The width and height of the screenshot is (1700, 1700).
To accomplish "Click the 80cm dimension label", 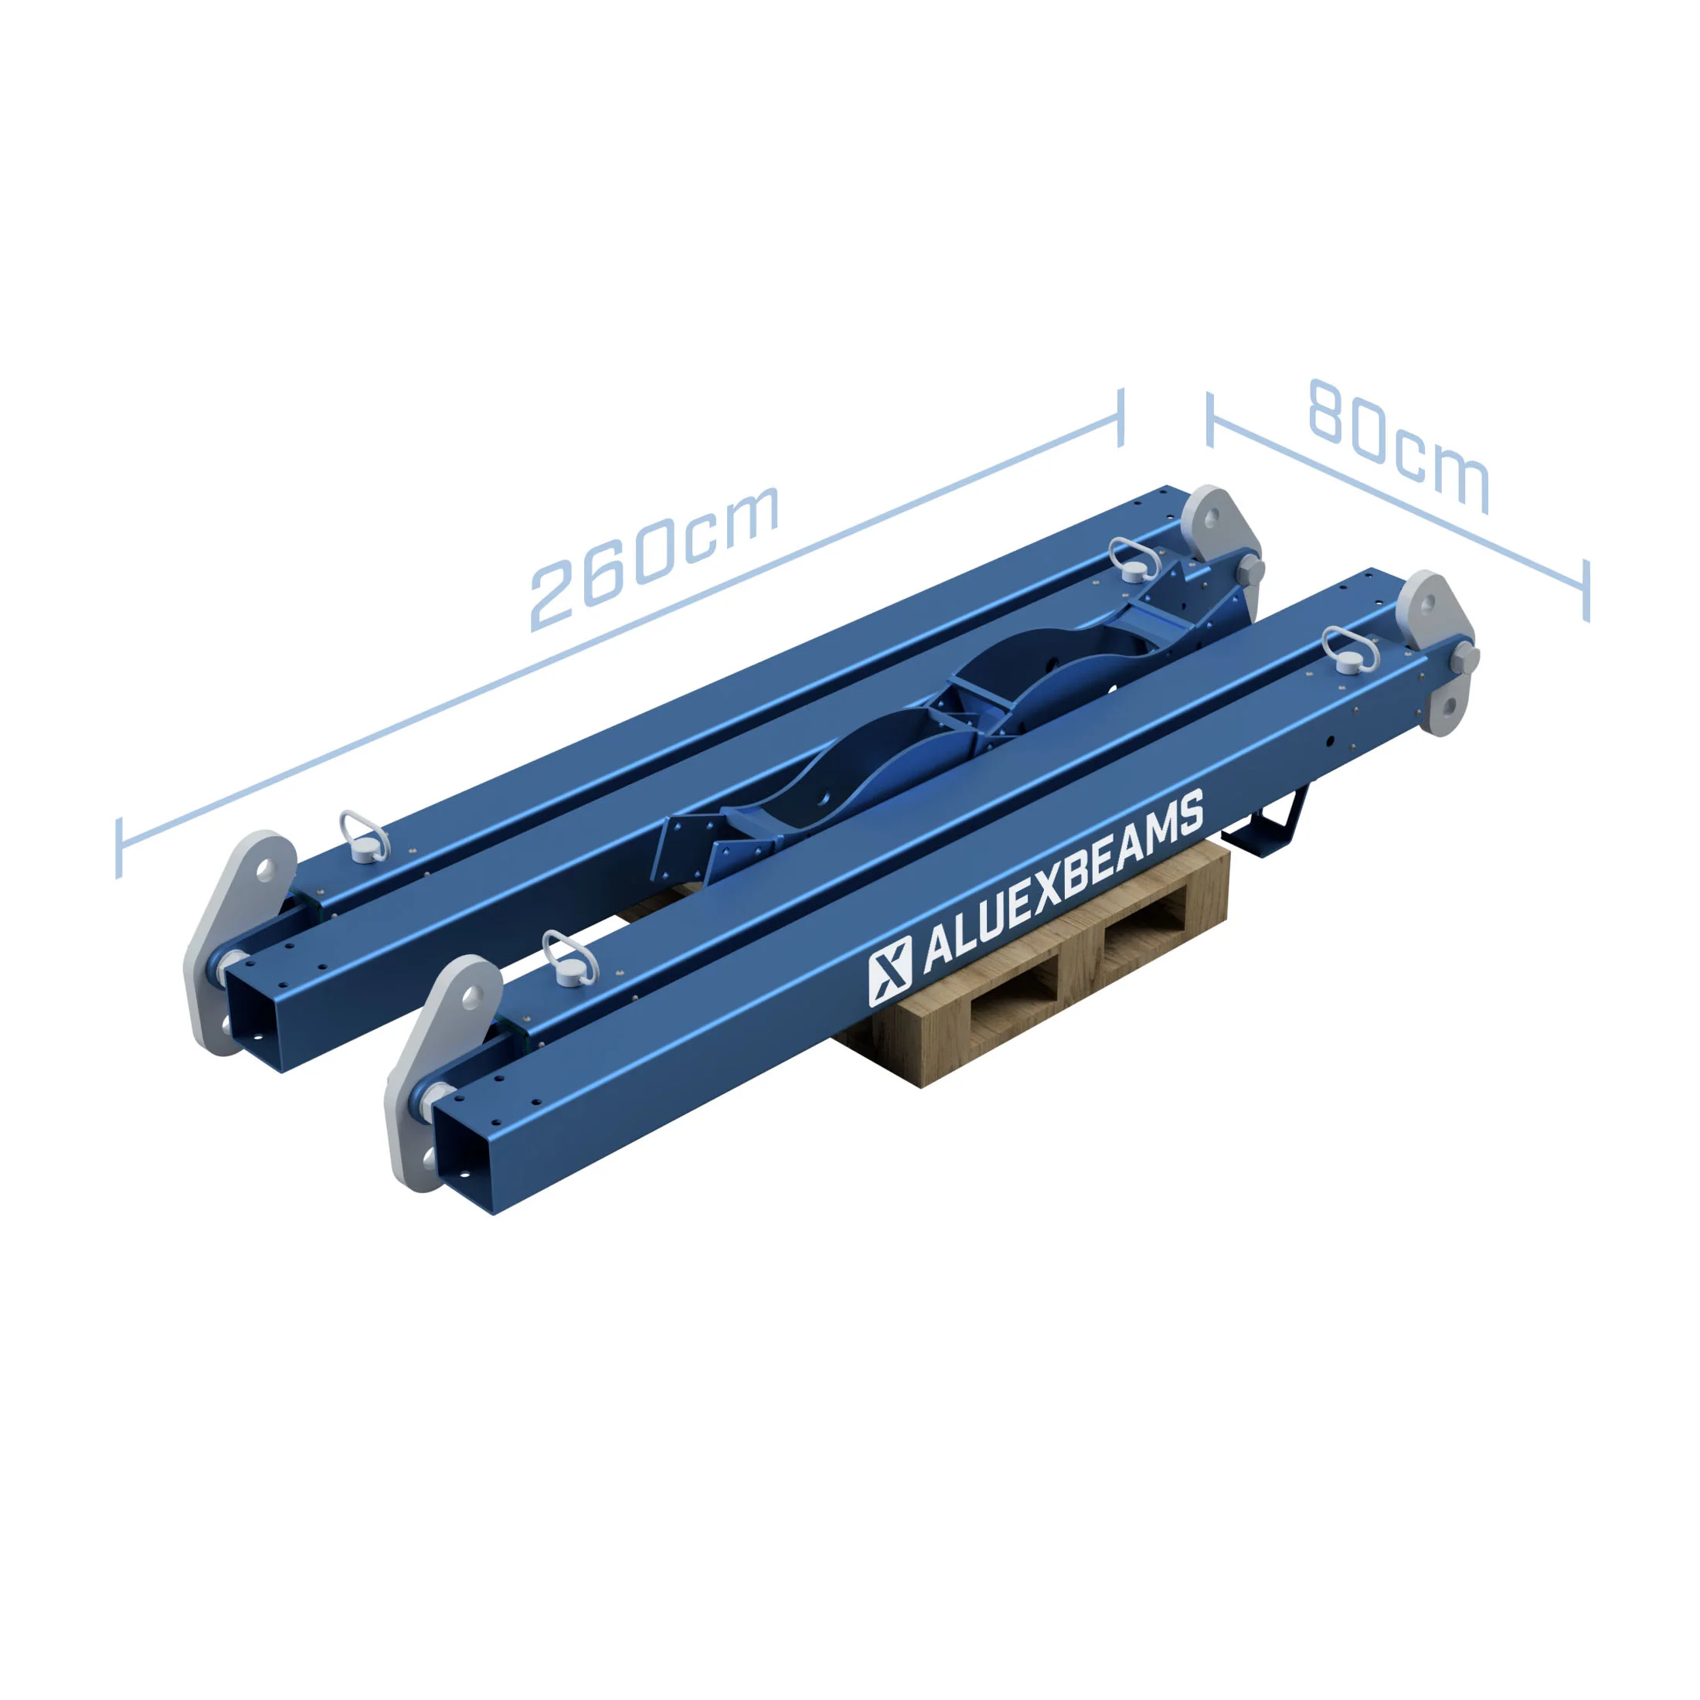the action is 1399,445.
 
